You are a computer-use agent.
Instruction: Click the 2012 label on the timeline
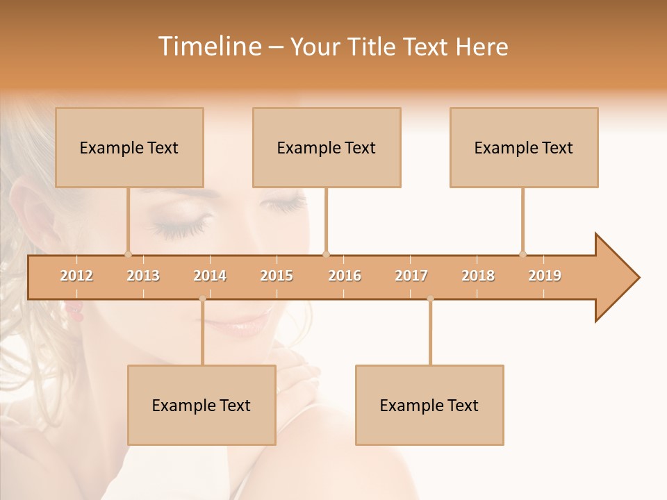point(76,276)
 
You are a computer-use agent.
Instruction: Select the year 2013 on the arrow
point(143,276)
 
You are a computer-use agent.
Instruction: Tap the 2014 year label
point(210,276)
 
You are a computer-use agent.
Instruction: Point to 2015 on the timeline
point(277,276)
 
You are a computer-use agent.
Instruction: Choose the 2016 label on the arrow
point(345,276)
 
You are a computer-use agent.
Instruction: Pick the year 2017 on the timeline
point(411,276)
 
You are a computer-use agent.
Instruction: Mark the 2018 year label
point(478,276)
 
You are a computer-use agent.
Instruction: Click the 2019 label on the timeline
point(545,276)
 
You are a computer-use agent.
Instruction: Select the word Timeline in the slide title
point(208,47)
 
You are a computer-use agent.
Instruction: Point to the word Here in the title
point(481,47)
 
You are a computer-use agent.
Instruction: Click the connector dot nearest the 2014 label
point(202,299)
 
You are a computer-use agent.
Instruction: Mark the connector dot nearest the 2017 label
point(430,299)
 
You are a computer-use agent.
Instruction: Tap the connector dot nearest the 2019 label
point(522,254)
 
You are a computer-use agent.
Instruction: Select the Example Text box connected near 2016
point(327,147)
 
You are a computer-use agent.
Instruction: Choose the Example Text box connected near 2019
point(524,147)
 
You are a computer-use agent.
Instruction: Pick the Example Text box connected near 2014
point(201,405)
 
